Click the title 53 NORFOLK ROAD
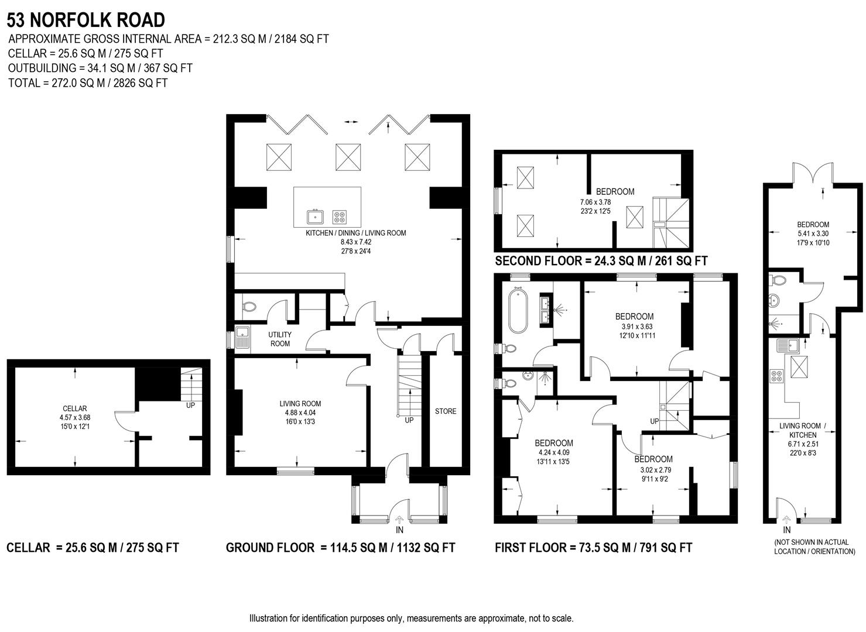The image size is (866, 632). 86,20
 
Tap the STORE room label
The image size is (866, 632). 445,411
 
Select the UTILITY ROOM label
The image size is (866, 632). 280,339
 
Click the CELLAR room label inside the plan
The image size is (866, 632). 75,408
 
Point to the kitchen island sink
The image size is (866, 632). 316,217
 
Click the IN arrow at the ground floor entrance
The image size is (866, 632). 400,520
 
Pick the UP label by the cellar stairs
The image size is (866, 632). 190,405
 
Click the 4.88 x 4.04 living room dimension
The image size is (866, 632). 300,413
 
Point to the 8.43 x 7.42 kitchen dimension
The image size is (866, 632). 355,242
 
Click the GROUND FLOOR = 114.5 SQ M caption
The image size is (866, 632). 340,548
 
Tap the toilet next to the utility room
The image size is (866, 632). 249,306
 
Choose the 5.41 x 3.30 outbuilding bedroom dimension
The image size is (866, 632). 813,233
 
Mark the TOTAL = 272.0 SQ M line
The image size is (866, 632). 88,83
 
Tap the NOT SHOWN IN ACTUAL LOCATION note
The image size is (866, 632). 814,547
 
